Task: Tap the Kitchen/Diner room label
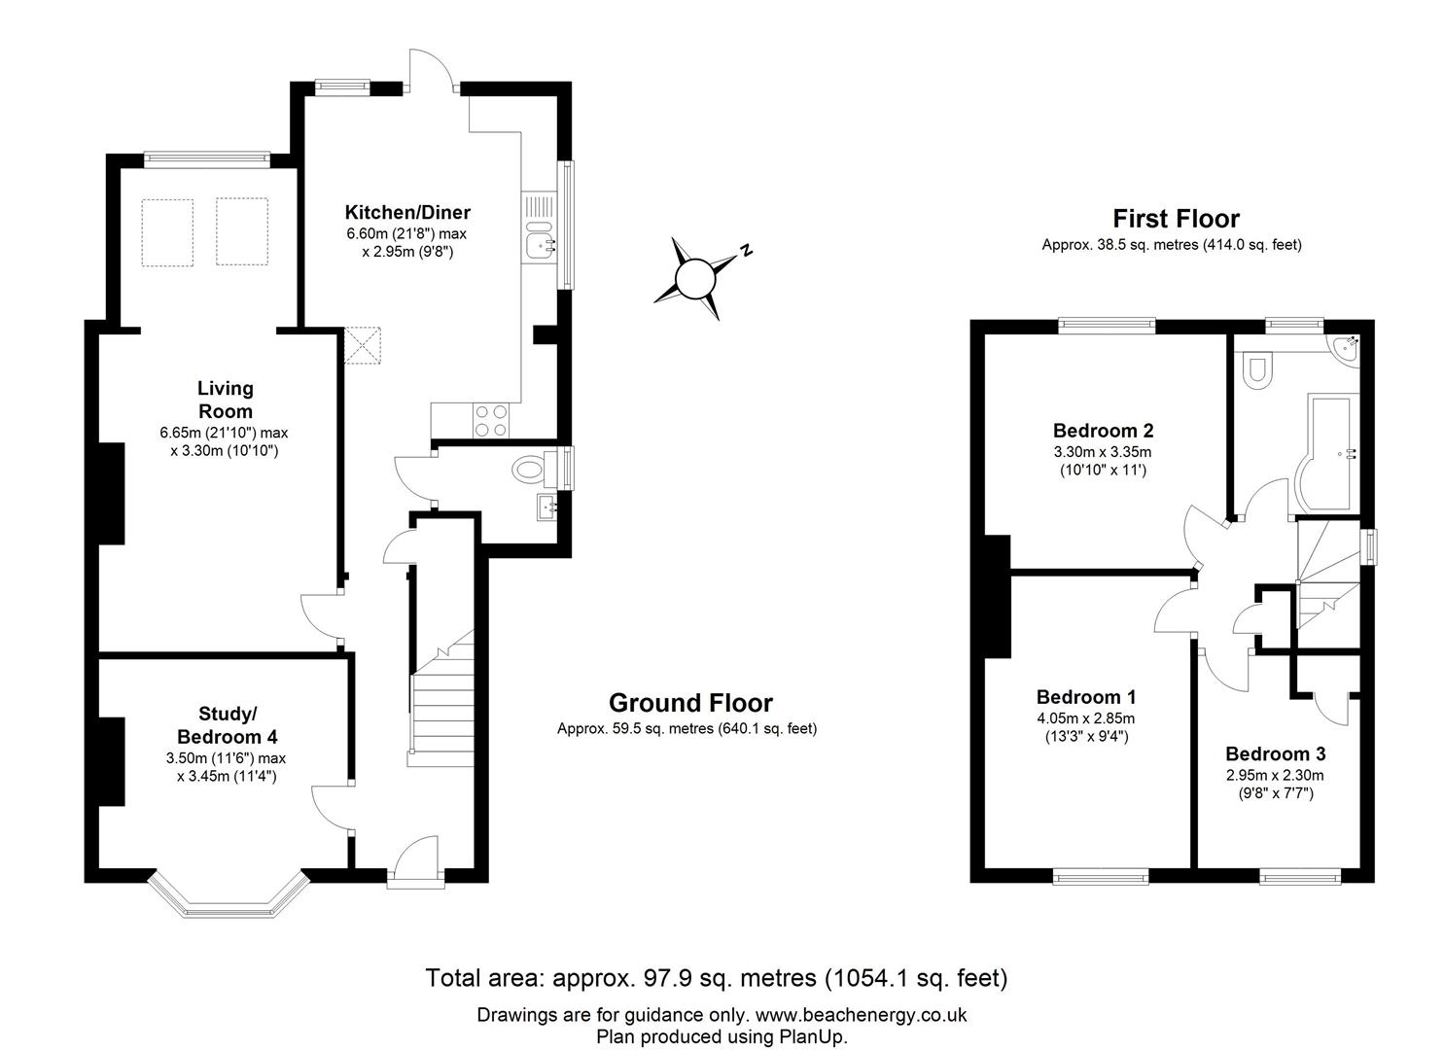click(x=407, y=212)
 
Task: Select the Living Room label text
click(x=225, y=400)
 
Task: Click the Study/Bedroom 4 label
click(x=227, y=725)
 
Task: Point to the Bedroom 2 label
click(x=1103, y=431)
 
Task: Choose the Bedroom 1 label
click(x=1085, y=697)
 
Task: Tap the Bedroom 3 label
click(x=1275, y=753)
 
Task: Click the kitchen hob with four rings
click(x=491, y=420)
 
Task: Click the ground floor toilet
click(x=531, y=471)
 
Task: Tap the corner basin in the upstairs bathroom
click(x=1346, y=348)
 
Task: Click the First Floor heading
click(x=1176, y=219)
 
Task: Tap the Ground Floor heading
click(x=690, y=703)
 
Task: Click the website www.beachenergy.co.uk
click(x=861, y=1015)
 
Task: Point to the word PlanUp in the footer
click(x=812, y=1037)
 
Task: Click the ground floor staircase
click(x=441, y=697)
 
